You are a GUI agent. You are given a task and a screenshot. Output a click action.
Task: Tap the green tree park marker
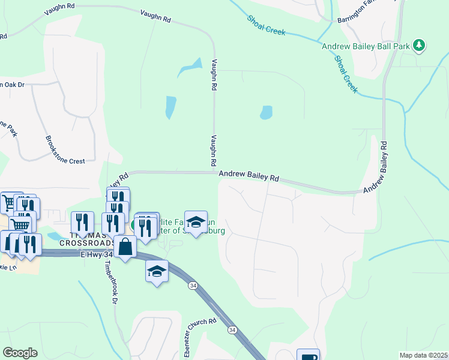click(420, 45)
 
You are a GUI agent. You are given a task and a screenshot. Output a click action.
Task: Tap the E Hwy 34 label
click(96, 254)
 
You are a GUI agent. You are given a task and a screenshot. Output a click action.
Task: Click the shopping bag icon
click(125, 247)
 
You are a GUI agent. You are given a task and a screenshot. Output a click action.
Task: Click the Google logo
click(20, 353)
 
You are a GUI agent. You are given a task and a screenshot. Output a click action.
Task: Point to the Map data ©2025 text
click(423, 355)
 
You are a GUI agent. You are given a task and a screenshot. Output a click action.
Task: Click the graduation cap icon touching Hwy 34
click(157, 271)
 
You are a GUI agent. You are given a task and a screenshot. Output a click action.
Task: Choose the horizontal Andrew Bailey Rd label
click(249, 176)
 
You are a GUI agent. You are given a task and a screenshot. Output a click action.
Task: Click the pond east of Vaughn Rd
click(265, 112)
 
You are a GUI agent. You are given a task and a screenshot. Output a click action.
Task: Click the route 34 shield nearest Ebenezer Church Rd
click(232, 330)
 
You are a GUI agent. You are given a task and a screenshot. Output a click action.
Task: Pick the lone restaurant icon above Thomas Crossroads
click(83, 222)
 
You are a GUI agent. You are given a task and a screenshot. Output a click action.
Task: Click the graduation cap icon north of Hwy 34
click(196, 222)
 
